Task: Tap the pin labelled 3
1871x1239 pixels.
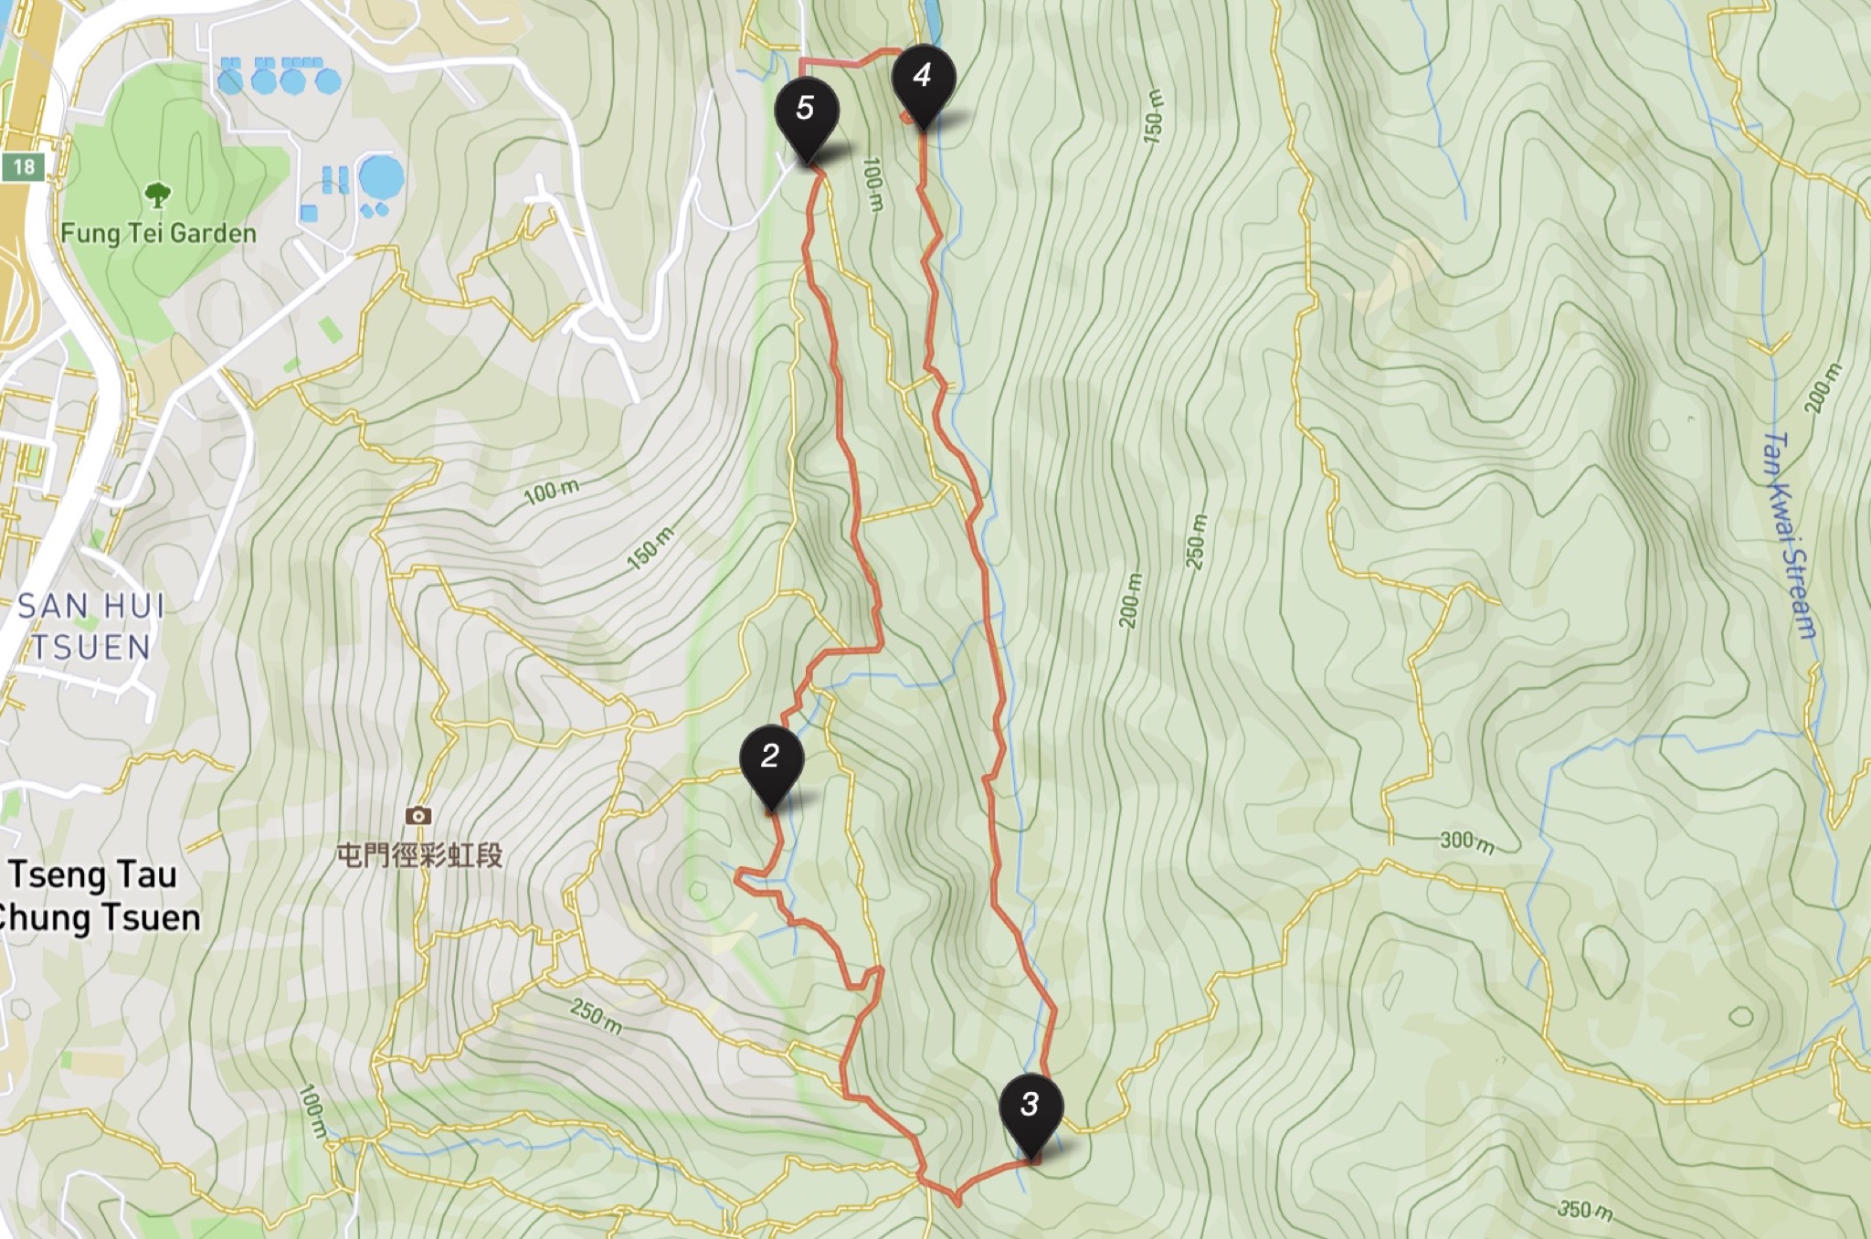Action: pyautogui.click(x=1031, y=1105)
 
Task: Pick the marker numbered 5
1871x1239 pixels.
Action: pyautogui.click(x=806, y=109)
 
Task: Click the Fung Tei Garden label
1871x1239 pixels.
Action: pyautogui.click(x=158, y=233)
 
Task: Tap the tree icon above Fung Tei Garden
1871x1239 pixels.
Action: pyautogui.click(x=157, y=195)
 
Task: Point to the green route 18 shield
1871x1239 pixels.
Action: pyautogui.click(x=23, y=166)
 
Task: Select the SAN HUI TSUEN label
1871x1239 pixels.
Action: pyautogui.click(x=91, y=626)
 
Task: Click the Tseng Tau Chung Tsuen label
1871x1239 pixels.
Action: pyautogui.click(x=97, y=895)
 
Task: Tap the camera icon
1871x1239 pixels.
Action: pyautogui.click(x=418, y=815)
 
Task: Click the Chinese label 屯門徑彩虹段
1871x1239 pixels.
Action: pyautogui.click(x=420, y=855)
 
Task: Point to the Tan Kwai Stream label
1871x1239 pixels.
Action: pyautogui.click(x=1791, y=535)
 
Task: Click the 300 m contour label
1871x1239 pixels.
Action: pyautogui.click(x=1466, y=842)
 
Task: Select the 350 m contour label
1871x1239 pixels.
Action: pyautogui.click(x=1585, y=1210)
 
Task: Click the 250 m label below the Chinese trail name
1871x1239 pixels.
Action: pyautogui.click(x=596, y=1015)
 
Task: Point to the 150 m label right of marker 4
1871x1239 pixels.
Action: pyautogui.click(x=1153, y=115)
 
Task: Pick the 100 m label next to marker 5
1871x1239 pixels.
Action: pyautogui.click(x=872, y=184)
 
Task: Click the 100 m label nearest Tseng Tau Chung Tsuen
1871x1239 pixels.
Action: pyautogui.click(x=312, y=1111)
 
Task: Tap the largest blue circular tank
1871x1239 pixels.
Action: pyautogui.click(x=381, y=177)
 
